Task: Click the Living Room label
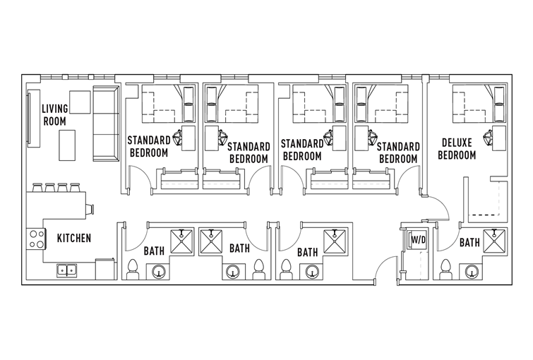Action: [x=55, y=115]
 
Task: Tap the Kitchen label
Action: [x=74, y=238]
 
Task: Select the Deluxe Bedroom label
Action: [x=457, y=148]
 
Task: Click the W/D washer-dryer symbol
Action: [x=418, y=240]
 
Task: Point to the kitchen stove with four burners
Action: [x=36, y=239]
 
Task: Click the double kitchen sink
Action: [x=66, y=270]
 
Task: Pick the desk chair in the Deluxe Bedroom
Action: [x=488, y=138]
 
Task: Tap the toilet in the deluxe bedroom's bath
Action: [x=444, y=270]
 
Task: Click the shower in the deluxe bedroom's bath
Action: [x=494, y=241]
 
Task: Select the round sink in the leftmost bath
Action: [x=158, y=272]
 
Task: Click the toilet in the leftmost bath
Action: [x=132, y=270]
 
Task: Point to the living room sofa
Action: [x=106, y=124]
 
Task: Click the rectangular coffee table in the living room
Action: [x=67, y=145]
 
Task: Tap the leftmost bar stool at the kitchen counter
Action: [x=37, y=187]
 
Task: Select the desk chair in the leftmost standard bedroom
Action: [x=178, y=138]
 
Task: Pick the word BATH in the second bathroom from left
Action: [x=239, y=248]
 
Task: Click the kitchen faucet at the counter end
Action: [x=90, y=209]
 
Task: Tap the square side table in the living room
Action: [x=80, y=102]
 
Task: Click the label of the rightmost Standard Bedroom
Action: [x=398, y=152]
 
